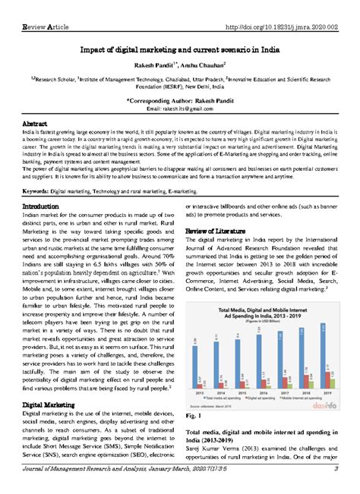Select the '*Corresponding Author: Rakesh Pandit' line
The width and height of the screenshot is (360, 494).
coord(179,99)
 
